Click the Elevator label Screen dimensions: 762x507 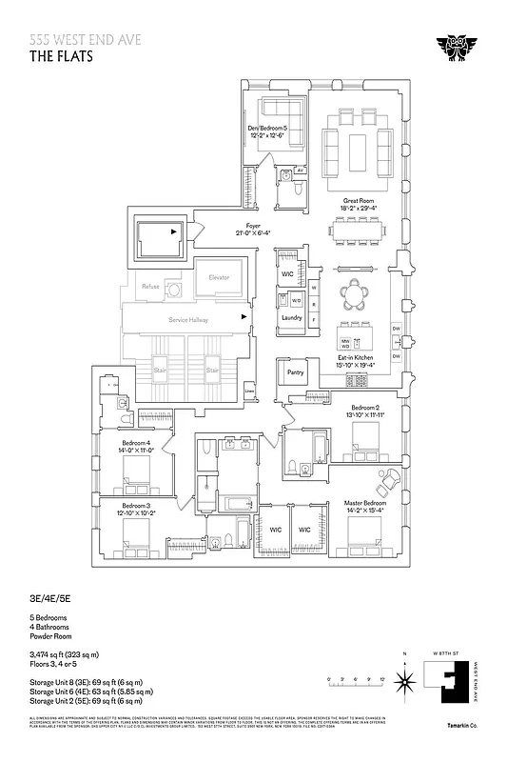pos(219,277)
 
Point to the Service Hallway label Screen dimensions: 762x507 pos(187,320)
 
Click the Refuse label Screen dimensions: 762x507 pos(150,286)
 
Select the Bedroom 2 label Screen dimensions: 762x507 pos(366,408)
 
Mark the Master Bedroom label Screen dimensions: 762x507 pos(361,505)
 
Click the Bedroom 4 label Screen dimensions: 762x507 pos(135,444)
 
